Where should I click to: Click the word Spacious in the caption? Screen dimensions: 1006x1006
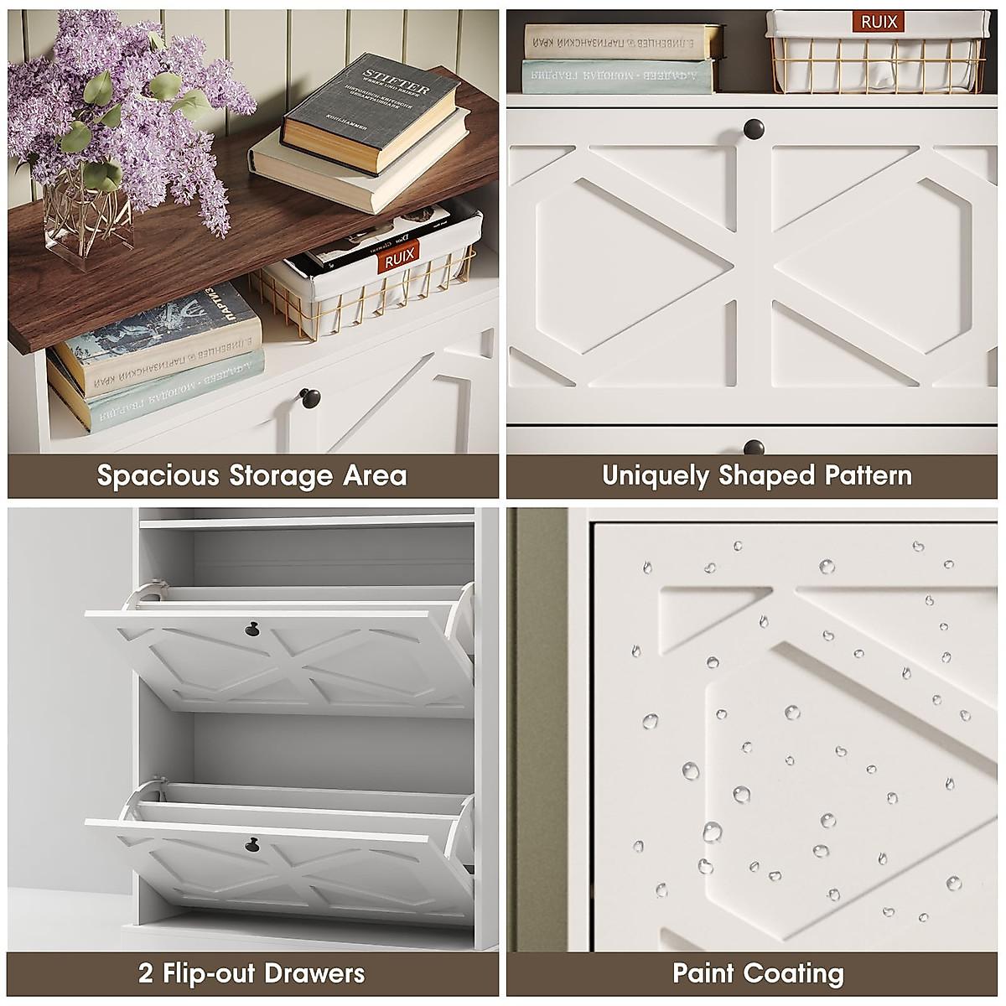[x=158, y=476]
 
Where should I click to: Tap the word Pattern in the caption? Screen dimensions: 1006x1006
[x=868, y=475]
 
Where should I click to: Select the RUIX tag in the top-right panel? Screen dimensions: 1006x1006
[x=879, y=23]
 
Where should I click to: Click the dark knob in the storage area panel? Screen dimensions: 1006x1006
[x=309, y=397]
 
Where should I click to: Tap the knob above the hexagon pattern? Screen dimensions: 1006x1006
[x=753, y=129]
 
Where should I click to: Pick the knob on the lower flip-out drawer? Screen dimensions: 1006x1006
[x=251, y=844]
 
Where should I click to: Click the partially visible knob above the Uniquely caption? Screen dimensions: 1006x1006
[x=753, y=447]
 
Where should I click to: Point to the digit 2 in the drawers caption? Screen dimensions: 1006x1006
[x=146, y=973]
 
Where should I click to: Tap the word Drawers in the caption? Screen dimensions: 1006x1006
[x=314, y=973]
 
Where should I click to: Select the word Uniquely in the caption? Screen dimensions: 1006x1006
[x=656, y=476]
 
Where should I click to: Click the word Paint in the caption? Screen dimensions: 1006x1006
[x=703, y=973]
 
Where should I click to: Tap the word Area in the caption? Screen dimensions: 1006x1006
[x=375, y=476]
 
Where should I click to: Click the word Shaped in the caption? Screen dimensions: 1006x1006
[x=766, y=476]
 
